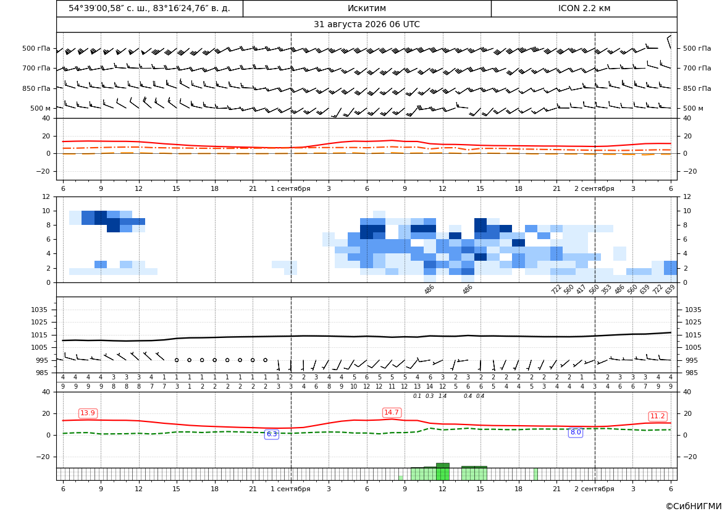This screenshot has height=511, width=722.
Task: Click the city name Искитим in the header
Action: pyautogui.click(x=366, y=8)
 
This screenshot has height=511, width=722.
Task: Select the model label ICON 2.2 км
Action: pyautogui.click(x=584, y=8)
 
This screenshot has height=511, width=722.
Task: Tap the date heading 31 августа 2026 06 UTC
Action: pyautogui.click(x=366, y=25)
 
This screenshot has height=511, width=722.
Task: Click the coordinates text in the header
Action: pyautogui.click(x=149, y=8)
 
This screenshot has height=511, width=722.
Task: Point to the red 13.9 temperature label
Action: pyautogui.click(x=88, y=413)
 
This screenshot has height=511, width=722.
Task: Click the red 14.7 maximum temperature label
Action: pyautogui.click(x=392, y=412)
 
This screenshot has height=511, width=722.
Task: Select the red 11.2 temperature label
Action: pyautogui.click(x=657, y=416)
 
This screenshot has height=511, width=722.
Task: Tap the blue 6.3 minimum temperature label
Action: pyautogui.click(x=272, y=434)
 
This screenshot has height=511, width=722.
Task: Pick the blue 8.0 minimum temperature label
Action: pyautogui.click(x=576, y=432)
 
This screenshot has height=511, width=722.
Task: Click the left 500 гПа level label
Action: pyautogui.click(x=36, y=48)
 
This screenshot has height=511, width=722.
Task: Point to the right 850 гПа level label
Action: pyautogui.click(x=697, y=88)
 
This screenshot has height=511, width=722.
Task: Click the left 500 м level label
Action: pyautogui.click(x=40, y=108)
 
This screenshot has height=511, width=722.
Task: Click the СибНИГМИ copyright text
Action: pyautogui.click(x=694, y=507)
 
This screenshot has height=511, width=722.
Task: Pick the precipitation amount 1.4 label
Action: pyautogui.click(x=442, y=396)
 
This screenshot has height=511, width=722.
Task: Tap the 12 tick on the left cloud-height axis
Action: pyautogui.click(x=46, y=196)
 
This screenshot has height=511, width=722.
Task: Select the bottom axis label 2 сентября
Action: pyautogui.click(x=594, y=489)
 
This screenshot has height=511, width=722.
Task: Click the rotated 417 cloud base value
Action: pyautogui.click(x=581, y=289)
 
